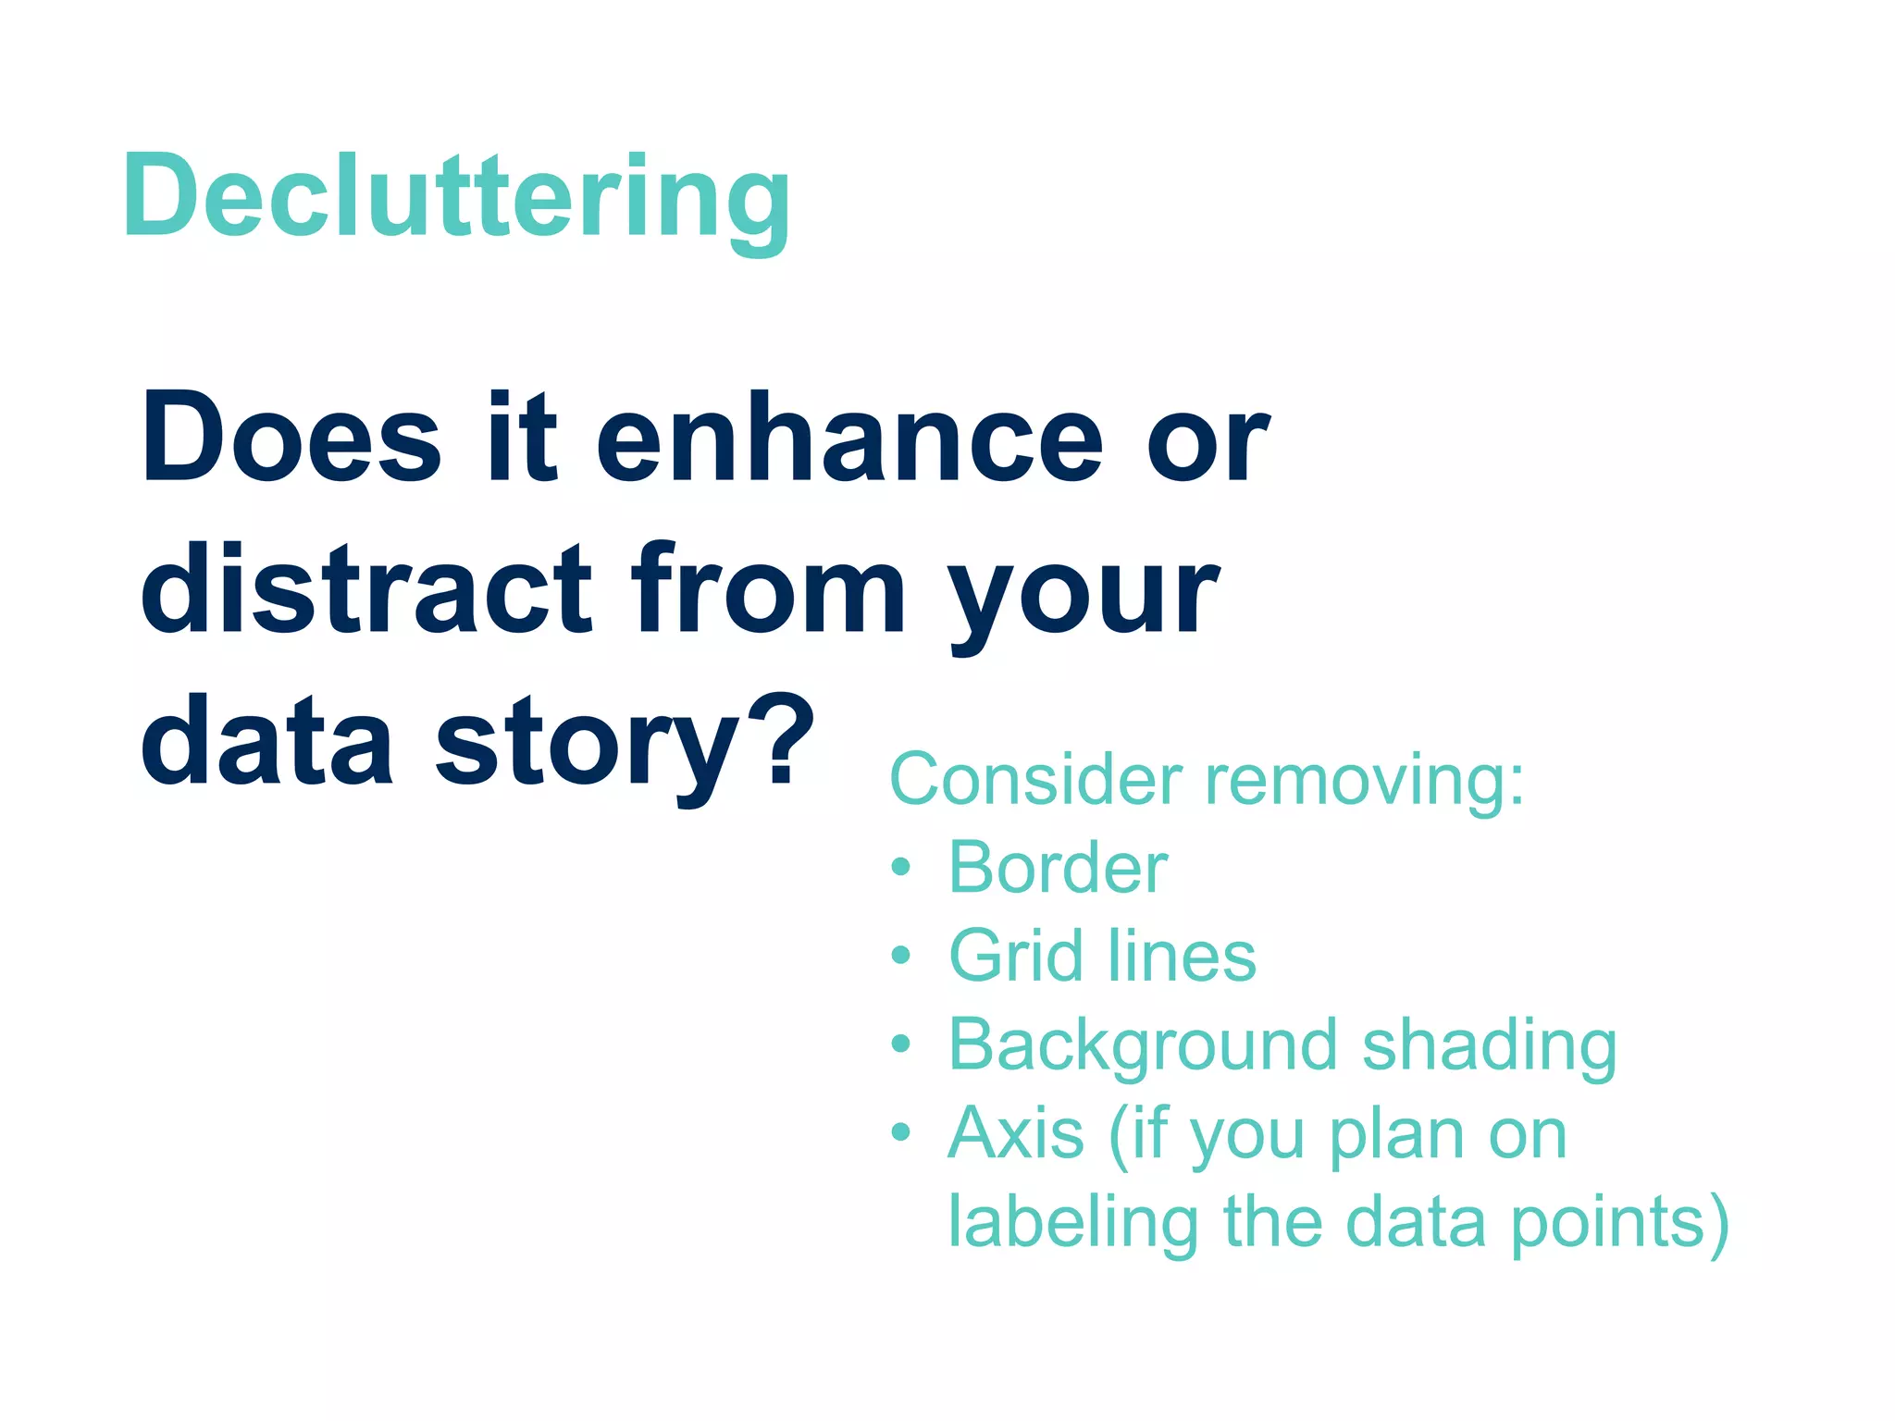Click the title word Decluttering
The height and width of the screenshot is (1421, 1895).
tap(456, 197)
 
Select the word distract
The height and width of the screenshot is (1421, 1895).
tap(366, 589)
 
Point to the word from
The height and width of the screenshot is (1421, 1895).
tap(768, 589)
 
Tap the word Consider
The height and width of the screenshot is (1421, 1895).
tap(1035, 779)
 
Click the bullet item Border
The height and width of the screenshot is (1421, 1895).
tap(1058, 868)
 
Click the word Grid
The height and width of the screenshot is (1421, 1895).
tap(1016, 956)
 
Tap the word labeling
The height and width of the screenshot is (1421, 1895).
tap(1073, 1224)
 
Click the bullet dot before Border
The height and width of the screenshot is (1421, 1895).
tap(900, 869)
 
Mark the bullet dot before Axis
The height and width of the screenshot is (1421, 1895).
tap(900, 1132)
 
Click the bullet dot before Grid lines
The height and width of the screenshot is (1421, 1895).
tap(900, 956)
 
